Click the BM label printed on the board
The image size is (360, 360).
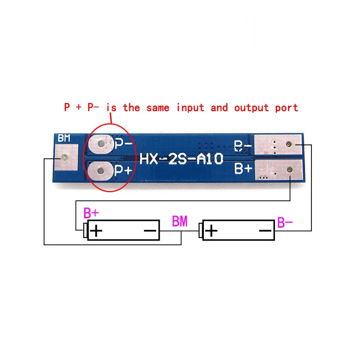click(64, 138)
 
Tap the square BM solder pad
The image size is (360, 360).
click(66, 157)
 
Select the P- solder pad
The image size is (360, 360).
click(101, 144)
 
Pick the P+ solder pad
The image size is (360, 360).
click(101, 171)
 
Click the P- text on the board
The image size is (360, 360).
click(123, 144)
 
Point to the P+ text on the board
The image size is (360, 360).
click(123, 170)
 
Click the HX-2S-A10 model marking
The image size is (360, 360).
click(181, 159)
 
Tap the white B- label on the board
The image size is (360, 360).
click(243, 146)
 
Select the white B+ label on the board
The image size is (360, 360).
click(243, 168)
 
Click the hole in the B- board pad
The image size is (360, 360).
click(289, 144)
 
